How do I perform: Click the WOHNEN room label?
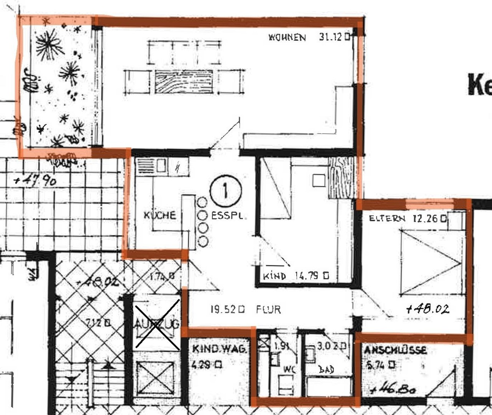point(287,37)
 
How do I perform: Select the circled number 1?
point(226,190)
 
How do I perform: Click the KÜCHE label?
point(160,215)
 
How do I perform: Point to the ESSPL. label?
point(227,216)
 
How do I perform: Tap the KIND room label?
point(275,276)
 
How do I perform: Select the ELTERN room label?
point(386,219)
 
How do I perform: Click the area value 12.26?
point(425,219)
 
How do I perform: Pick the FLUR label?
point(268,309)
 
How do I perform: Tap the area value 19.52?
point(224,309)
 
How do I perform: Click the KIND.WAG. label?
point(219,349)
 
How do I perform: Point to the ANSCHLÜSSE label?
point(395,350)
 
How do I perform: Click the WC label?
point(289,369)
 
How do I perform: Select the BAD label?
point(327,370)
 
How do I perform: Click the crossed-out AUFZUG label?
point(157,325)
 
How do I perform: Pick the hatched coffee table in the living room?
point(184,81)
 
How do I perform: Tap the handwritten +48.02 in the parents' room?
point(428,309)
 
